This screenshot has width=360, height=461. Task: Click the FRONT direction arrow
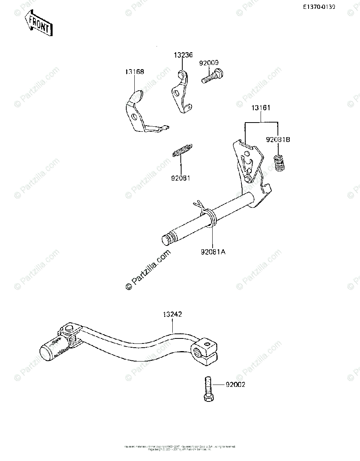point(38,24)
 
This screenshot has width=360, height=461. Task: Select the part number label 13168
point(134,72)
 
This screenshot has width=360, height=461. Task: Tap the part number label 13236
point(183,55)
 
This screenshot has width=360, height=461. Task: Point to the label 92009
point(209,63)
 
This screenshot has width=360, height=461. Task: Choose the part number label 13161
point(261,108)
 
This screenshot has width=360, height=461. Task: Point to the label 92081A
point(213,252)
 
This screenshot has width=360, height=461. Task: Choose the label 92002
point(235,384)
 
